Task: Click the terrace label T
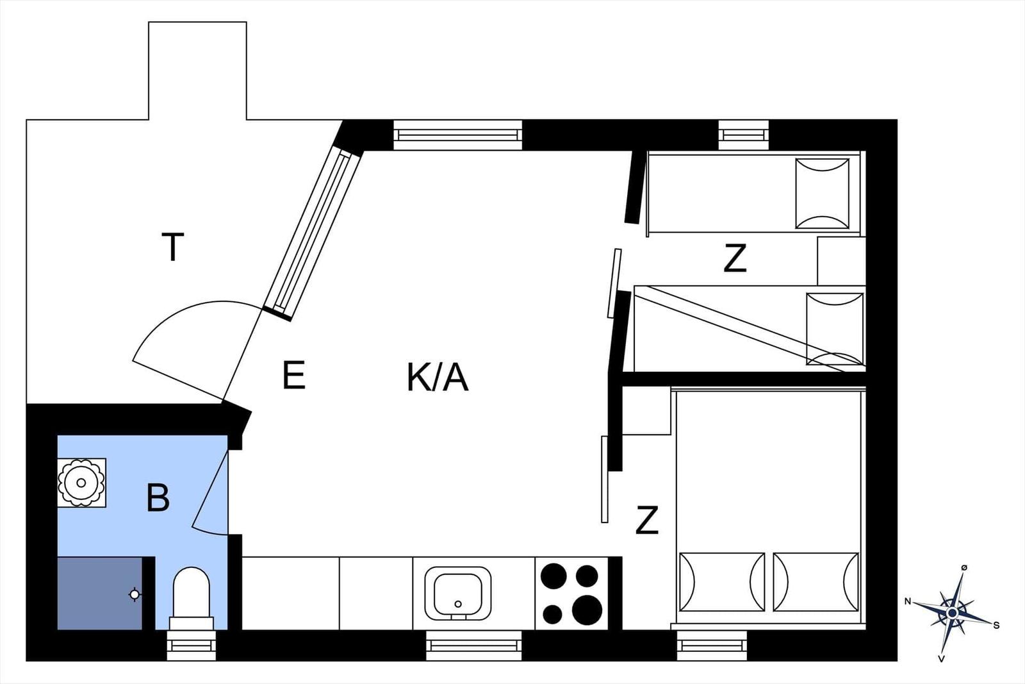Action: (172, 247)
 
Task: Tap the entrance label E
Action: (294, 375)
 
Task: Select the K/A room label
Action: (438, 378)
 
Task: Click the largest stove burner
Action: (587, 610)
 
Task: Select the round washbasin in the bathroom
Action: (81, 483)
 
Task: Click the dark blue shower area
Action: (100, 594)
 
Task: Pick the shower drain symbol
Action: (135, 595)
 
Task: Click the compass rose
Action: (952, 613)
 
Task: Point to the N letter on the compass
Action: (908, 601)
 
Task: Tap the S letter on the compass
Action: (996, 626)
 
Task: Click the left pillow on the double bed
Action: (722, 582)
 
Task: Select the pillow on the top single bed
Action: (823, 193)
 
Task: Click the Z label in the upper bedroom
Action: (735, 258)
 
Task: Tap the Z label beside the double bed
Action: (647, 520)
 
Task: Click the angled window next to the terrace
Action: (313, 233)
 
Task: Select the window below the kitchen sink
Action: (473, 645)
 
